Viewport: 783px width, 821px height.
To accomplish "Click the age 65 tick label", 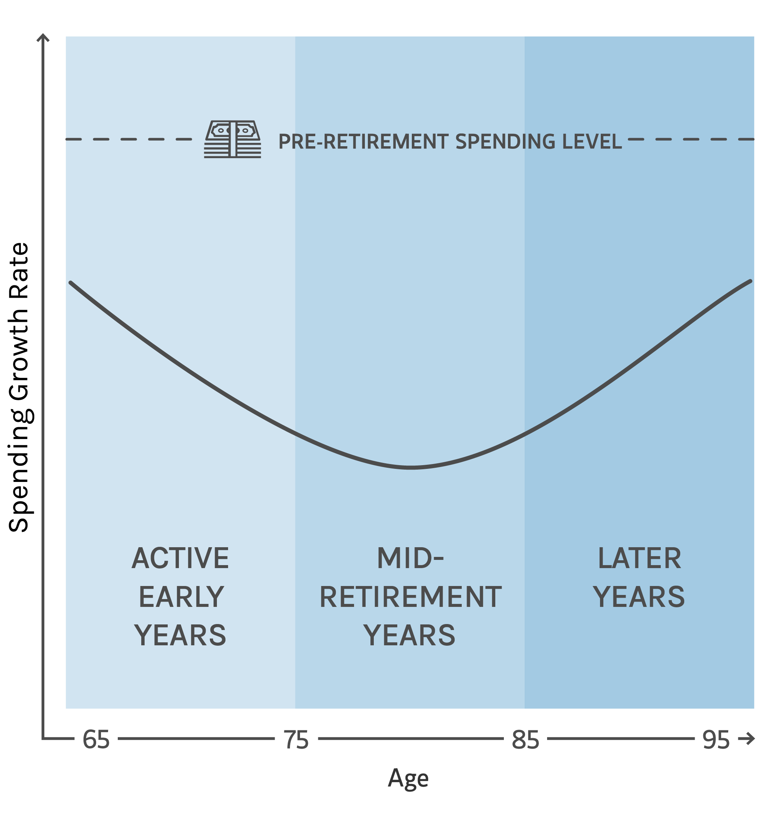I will point(96,740).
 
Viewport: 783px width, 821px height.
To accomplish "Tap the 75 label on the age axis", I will point(296,740).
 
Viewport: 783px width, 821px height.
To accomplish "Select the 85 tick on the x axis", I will point(525,740).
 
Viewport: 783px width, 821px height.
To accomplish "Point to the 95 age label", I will point(716,740).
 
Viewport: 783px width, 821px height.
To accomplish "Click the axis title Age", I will point(408,778).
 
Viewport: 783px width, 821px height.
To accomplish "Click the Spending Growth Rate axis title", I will point(19,387).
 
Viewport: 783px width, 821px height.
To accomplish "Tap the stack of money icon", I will point(233,139).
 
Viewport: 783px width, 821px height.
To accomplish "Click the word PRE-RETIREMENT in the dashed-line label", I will point(363,142).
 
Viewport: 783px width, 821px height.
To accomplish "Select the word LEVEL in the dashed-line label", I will point(592,142).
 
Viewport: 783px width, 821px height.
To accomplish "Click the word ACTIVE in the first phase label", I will point(180,559).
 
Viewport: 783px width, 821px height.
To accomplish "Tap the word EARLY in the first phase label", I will point(181,597).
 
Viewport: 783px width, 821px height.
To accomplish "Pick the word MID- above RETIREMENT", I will point(410,559).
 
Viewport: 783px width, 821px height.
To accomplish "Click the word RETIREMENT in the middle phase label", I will point(410,597).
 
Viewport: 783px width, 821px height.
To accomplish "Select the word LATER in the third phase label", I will point(640,559).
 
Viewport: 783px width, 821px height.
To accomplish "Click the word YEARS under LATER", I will point(639,597).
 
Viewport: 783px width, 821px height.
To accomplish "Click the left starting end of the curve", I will point(71,283).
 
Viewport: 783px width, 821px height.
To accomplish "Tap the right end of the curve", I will point(750,281).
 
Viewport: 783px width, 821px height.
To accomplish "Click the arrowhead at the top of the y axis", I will point(43,38).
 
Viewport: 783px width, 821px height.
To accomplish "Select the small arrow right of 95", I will point(747,739).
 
